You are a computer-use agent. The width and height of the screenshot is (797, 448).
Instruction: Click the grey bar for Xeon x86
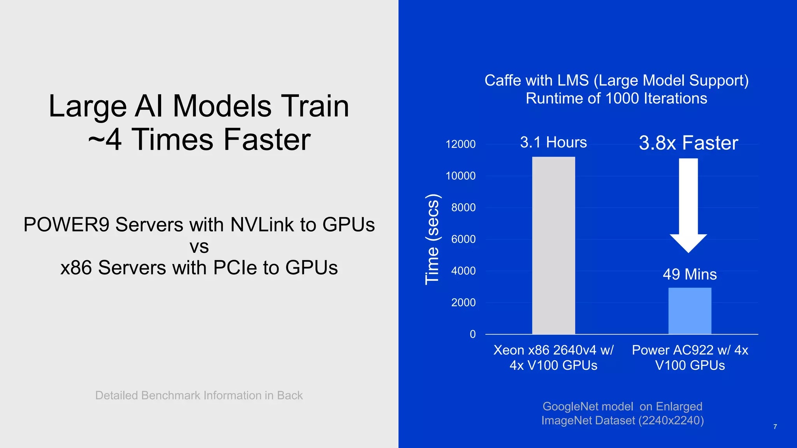[553, 245]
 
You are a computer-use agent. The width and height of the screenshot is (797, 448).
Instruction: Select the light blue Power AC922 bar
[690, 311]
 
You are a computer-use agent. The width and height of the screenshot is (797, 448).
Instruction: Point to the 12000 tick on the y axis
[460, 144]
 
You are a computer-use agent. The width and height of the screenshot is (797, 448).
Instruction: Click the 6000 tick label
[463, 239]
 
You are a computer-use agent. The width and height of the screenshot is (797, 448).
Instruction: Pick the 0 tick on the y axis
[472, 334]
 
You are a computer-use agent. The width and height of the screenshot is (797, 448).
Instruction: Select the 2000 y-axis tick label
[463, 303]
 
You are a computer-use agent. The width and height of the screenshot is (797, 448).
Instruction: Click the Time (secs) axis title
[432, 239]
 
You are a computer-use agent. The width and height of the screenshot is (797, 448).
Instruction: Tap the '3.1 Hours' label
[553, 142]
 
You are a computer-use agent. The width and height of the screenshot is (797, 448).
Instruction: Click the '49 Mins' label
[690, 275]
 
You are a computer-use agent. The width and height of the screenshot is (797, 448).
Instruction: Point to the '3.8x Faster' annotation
[688, 143]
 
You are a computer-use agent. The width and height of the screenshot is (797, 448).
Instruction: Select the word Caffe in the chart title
[502, 80]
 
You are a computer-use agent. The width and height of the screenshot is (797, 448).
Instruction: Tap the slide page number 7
[775, 427]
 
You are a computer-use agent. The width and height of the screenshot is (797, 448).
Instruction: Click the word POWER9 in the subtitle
[66, 225]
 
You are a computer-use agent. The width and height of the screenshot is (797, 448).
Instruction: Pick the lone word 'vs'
[199, 247]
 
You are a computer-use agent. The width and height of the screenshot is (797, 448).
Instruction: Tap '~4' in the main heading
[105, 140]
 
